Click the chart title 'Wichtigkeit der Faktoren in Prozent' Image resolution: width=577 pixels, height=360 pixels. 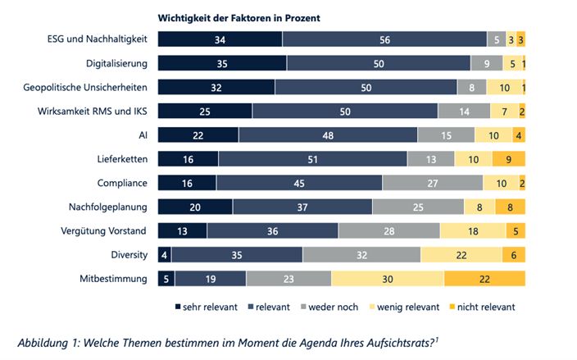(239, 17)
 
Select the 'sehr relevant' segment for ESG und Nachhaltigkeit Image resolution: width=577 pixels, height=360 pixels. (220, 39)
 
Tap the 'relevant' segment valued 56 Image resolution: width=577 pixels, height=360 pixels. (384, 39)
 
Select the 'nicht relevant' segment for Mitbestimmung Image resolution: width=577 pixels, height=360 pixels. (484, 279)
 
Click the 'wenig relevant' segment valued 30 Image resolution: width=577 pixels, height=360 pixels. (387, 279)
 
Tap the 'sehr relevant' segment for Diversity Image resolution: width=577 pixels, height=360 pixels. (164, 255)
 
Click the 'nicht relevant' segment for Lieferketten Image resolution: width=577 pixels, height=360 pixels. (508, 159)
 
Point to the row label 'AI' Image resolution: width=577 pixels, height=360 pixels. (143, 135)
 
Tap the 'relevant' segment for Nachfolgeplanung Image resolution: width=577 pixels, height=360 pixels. (302, 207)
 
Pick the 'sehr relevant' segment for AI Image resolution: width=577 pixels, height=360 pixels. (198, 135)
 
